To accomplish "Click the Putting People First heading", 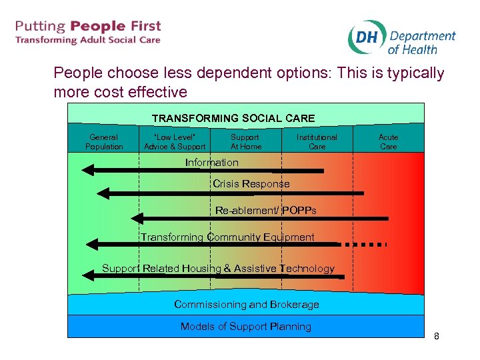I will click(88, 27).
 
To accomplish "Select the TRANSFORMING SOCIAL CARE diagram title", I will click(233, 118).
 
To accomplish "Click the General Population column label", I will click(104, 142).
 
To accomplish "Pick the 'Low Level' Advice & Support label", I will click(175, 142).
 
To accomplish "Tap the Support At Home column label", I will click(246, 142).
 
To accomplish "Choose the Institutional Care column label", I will click(317, 142).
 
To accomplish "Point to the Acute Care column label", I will click(388, 142).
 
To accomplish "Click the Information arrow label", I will click(211, 163).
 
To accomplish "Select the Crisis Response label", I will click(251, 184).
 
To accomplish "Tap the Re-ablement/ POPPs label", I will click(265, 211).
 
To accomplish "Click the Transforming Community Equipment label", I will click(227, 237).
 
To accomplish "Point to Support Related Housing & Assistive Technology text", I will click(218, 269).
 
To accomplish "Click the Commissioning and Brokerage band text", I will click(247, 305).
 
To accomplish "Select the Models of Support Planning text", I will click(246, 327).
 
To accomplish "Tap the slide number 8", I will click(437, 336).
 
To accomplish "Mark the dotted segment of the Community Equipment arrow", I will click(363, 245).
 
